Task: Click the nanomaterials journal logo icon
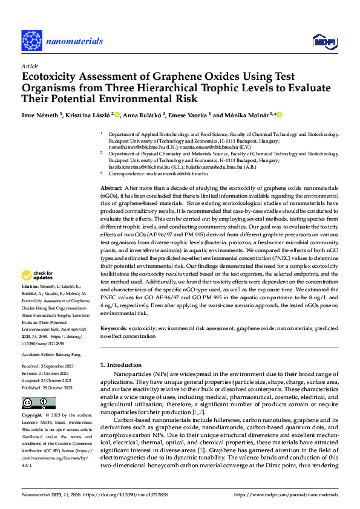point(31,41)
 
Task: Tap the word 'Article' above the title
point(30,66)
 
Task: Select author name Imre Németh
point(39,114)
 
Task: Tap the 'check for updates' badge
point(38,277)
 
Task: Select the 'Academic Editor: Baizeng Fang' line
point(50,355)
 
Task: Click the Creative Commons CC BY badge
point(38,403)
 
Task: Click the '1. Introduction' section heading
point(120,365)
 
